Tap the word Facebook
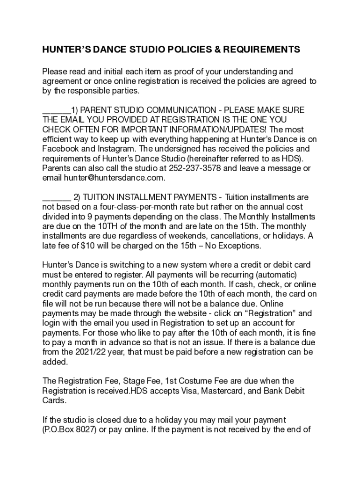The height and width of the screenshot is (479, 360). (60, 149)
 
